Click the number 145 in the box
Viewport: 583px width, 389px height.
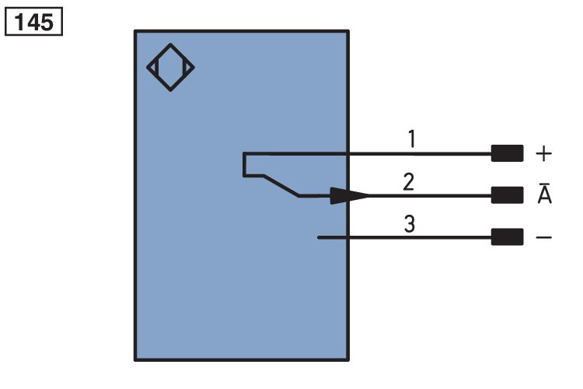(x=34, y=23)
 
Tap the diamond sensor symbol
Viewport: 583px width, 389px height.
(x=170, y=44)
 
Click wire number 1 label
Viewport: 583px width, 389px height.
(x=411, y=138)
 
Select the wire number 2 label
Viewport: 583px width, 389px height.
(x=409, y=181)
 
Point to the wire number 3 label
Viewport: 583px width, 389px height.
(x=410, y=224)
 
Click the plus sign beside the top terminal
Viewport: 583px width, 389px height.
(x=543, y=153)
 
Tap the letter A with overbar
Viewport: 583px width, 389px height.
(x=545, y=193)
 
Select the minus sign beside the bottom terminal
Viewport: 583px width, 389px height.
(x=543, y=237)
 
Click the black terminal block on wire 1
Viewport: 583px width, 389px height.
(x=507, y=153)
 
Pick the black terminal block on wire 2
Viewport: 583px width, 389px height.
(x=507, y=195)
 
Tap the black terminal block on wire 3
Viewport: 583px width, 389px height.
(x=507, y=237)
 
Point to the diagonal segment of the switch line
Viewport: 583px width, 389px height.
(x=281, y=185)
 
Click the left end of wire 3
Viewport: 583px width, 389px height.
(x=318, y=237)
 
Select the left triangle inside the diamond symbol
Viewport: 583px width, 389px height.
(x=154, y=68)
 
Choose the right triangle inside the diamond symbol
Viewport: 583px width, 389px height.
(x=187, y=68)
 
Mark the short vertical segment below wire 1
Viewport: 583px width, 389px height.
(x=244, y=164)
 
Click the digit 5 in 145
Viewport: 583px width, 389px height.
(x=47, y=23)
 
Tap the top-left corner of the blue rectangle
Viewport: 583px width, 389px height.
(x=135, y=31)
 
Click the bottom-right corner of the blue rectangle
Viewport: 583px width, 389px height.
(x=348, y=359)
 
